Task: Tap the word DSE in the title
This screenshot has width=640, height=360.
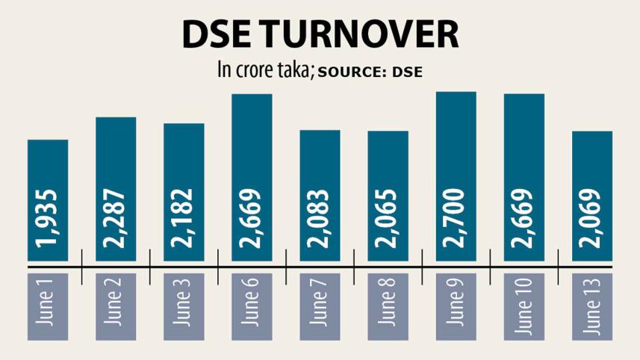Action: [x=217, y=37]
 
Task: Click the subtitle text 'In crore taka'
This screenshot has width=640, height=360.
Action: [x=266, y=71]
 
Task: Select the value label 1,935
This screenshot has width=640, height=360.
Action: [x=48, y=223]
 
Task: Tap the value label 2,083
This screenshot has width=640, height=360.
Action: [x=320, y=223]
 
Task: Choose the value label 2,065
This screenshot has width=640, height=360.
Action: [x=388, y=223]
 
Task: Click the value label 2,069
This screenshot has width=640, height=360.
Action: [x=592, y=223]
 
